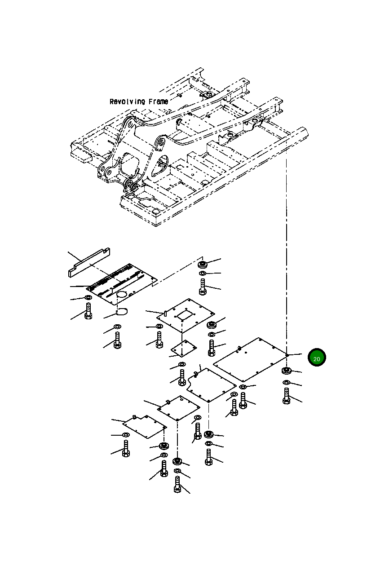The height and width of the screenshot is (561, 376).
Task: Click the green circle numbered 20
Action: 317,358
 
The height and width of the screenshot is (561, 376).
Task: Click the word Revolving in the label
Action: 126,102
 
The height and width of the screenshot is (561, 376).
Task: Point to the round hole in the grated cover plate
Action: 123,294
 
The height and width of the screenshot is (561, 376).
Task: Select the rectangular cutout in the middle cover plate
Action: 185,316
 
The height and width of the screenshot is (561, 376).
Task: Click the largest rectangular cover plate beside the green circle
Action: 250,359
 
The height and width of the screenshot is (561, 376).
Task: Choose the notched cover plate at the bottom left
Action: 144,425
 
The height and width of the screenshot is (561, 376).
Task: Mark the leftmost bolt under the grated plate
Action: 88,310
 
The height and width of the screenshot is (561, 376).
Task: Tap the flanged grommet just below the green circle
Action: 286,371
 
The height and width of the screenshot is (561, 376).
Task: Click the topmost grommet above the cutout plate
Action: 203,264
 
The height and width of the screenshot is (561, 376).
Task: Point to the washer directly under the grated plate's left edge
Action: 88,298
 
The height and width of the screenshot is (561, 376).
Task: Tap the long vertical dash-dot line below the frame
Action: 286,252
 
